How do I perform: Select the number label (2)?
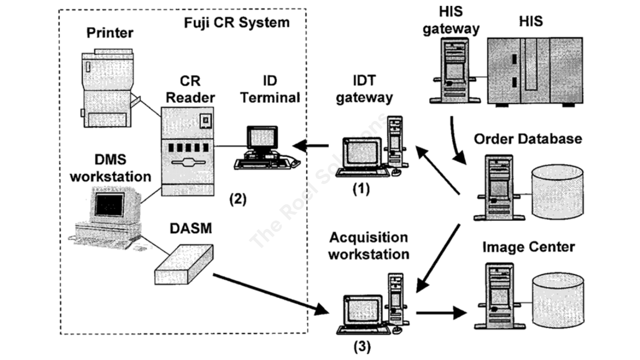point(237,199)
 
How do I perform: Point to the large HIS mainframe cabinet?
point(535,70)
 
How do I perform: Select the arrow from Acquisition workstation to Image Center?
point(440,314)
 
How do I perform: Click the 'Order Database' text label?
point(528,138)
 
